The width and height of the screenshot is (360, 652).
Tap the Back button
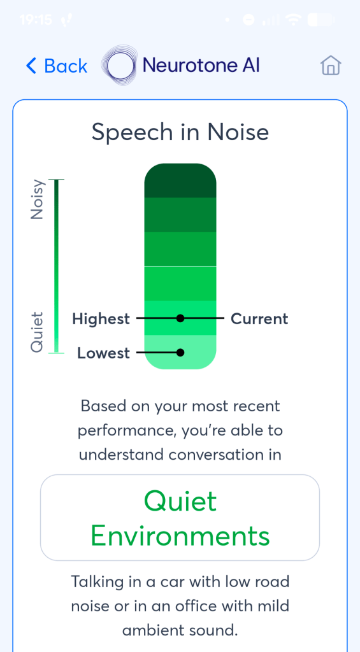[x=56, y=66]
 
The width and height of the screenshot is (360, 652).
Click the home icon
[x=331, y=66]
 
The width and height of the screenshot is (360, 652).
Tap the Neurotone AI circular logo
[x=120, y=66]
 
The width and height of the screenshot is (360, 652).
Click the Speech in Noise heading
[x=180, y=132]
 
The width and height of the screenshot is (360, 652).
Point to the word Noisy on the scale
[x=37, y=199]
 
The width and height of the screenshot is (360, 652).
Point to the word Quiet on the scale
[x=37, y=331]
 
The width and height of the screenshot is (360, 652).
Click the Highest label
[x=101, y=318]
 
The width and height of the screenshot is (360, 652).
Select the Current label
[x=259, y=318]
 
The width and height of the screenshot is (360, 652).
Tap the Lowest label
[x=103, y=353]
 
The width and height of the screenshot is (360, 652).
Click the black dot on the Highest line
[x=180, y=318]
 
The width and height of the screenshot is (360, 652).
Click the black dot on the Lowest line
[x=180, y=352]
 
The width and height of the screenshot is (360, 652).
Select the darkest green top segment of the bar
[x=180, y=181]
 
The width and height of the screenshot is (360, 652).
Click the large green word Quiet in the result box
[x=180, y=502]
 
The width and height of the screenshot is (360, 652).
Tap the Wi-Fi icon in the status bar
[x=293, y=20]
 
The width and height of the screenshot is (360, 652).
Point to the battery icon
[x=320, y=20]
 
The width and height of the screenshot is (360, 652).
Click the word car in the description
[x=182, y=581]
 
